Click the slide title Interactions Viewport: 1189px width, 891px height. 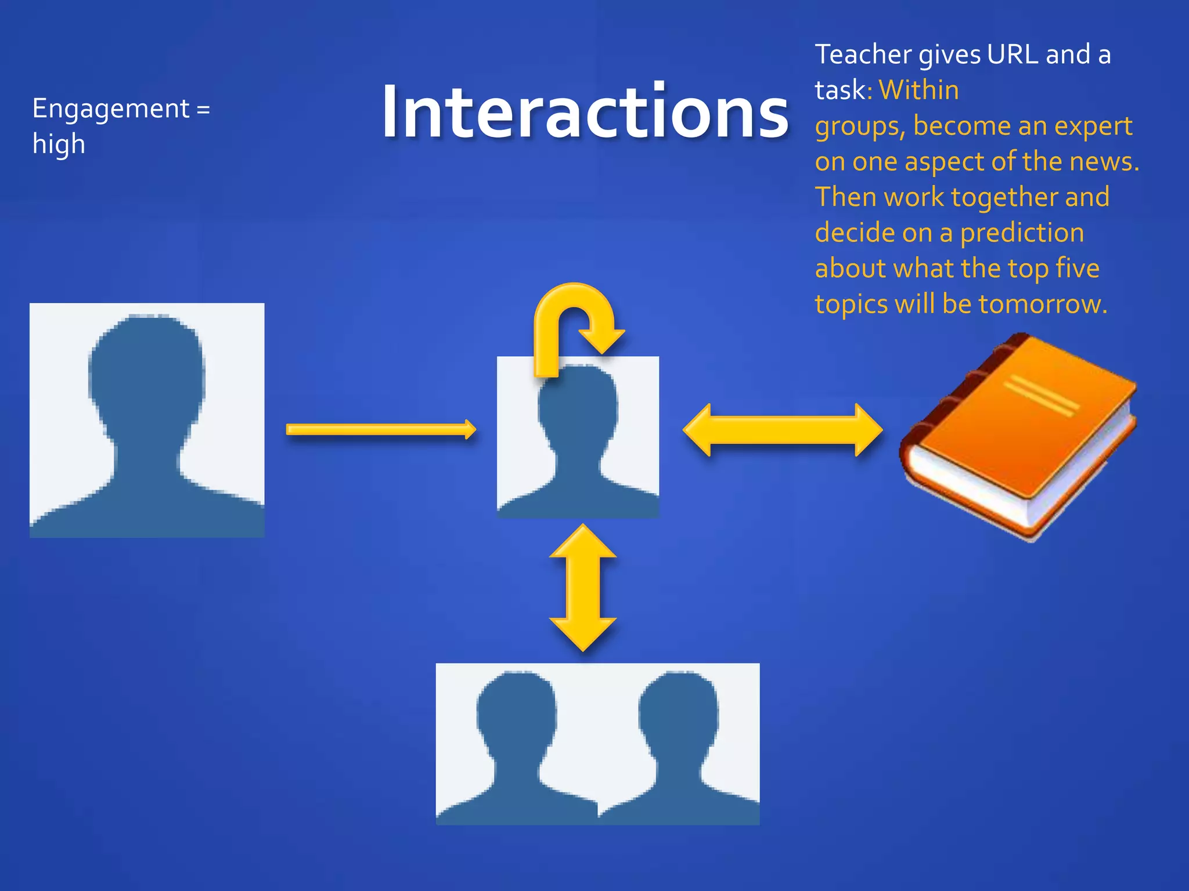tap(585, 111)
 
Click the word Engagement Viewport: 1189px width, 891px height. tap(111, 108)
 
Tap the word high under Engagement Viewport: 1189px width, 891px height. tap(59, 144)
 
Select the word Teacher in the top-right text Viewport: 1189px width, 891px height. tap(863, 55)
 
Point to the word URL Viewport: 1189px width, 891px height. tap(1013, 55)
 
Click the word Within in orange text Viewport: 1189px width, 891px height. tap(918, 90)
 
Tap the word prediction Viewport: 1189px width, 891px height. tap(1022, 233)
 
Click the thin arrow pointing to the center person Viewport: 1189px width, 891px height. tap(381, 430)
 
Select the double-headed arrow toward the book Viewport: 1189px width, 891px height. tap(783, 430)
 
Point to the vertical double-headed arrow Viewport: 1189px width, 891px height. tap(582, 587)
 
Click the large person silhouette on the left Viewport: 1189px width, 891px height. tap(147, 420)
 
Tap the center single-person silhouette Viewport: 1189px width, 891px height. tap(578, 438)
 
